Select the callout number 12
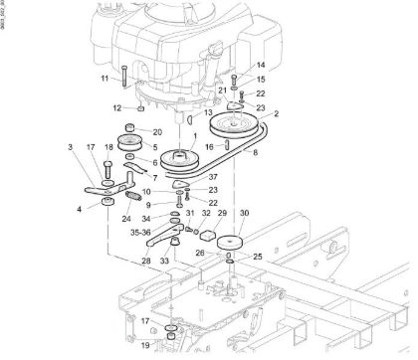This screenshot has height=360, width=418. point(116,107)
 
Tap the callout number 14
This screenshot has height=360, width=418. point(234,65)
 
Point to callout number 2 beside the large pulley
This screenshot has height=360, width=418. point(277,114)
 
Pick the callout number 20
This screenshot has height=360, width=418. point(157,131)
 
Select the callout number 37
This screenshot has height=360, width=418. point(212,176)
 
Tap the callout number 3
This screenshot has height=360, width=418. point(71,147)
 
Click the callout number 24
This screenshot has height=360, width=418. point(126,220)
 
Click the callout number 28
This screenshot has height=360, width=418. point(144,261)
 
